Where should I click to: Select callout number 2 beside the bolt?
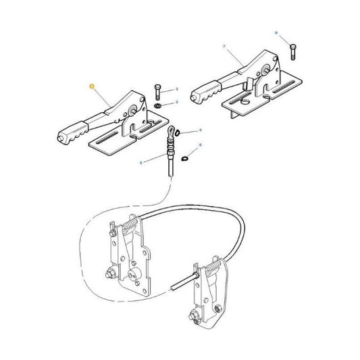click(x=176, y=89)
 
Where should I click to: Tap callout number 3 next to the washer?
click(x=176, y=102)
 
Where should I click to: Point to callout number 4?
click(x=198, y=131)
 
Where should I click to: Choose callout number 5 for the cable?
click(x=140, y=162)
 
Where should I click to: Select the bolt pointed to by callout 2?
click(x=156, y=91)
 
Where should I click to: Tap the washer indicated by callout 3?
click(x=157, y=106)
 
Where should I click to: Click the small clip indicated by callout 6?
click(x=184, y=159)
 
